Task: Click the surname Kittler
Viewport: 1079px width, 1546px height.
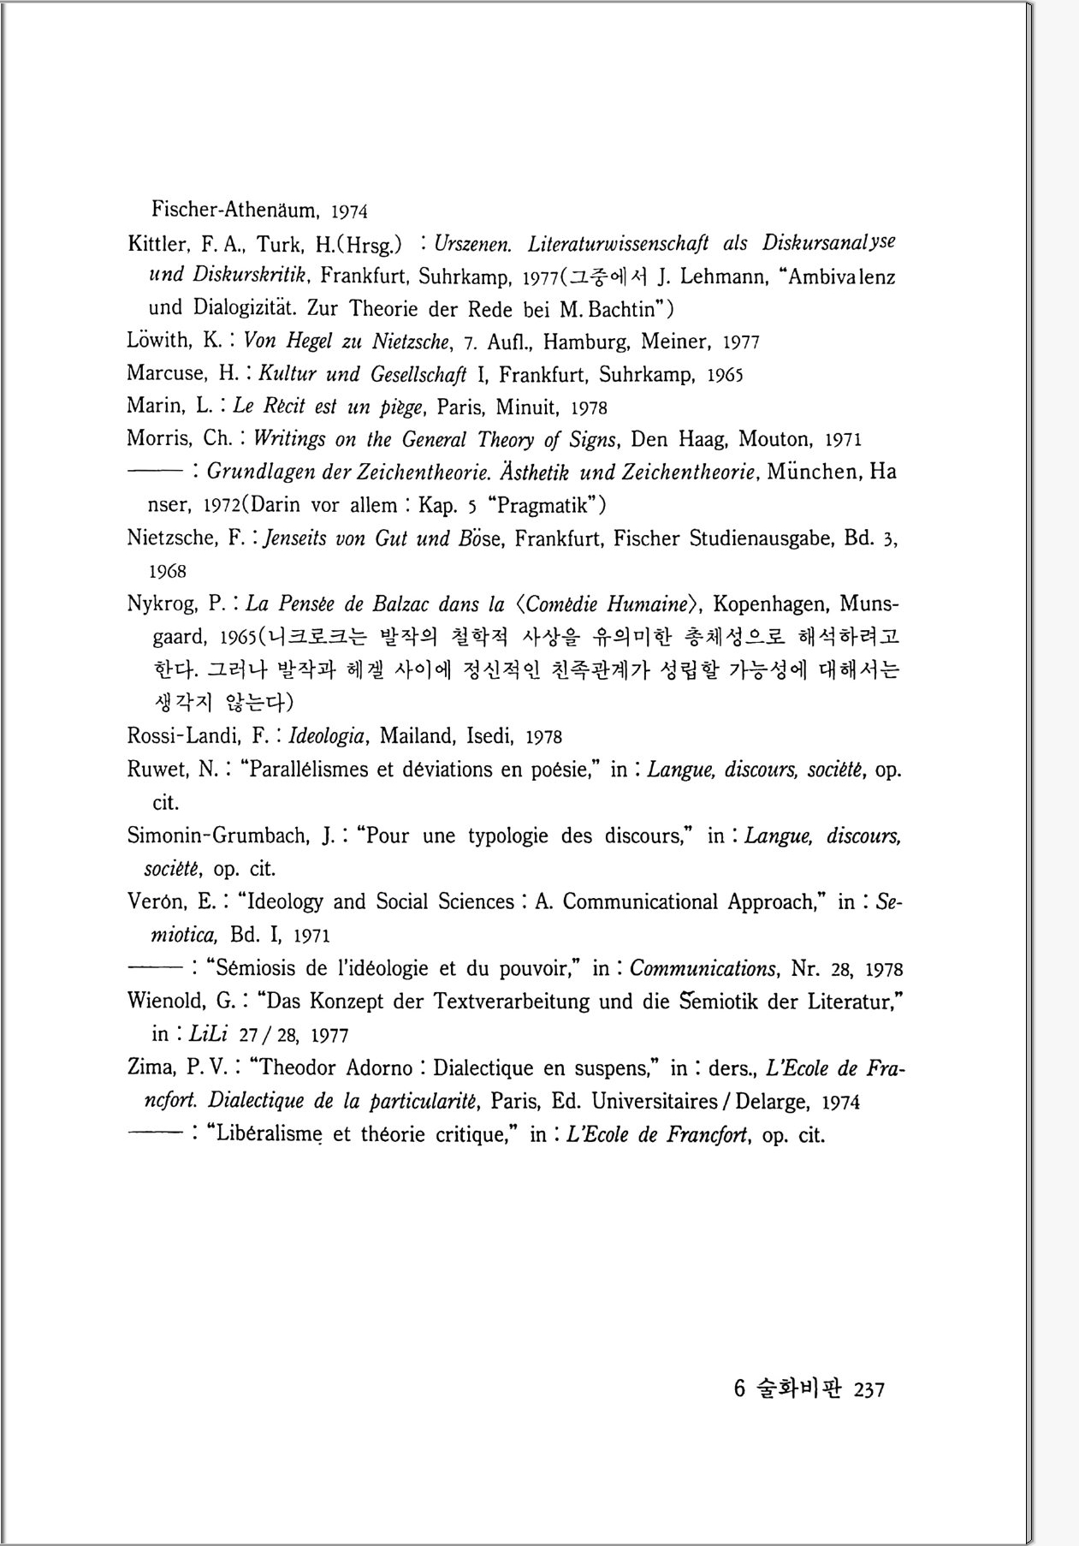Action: point(157,244)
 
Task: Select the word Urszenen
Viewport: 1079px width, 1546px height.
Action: point(472,244)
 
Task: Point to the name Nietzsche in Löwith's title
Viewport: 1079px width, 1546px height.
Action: point(411,342)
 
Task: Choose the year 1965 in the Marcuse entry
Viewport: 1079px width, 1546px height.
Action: point(725,375)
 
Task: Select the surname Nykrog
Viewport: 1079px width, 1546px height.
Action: point(162,604)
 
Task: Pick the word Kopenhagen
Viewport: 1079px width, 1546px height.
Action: point(772,604)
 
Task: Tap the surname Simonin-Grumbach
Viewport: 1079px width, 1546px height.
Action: point(221,835)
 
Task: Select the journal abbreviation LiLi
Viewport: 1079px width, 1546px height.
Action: point(207,1034)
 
